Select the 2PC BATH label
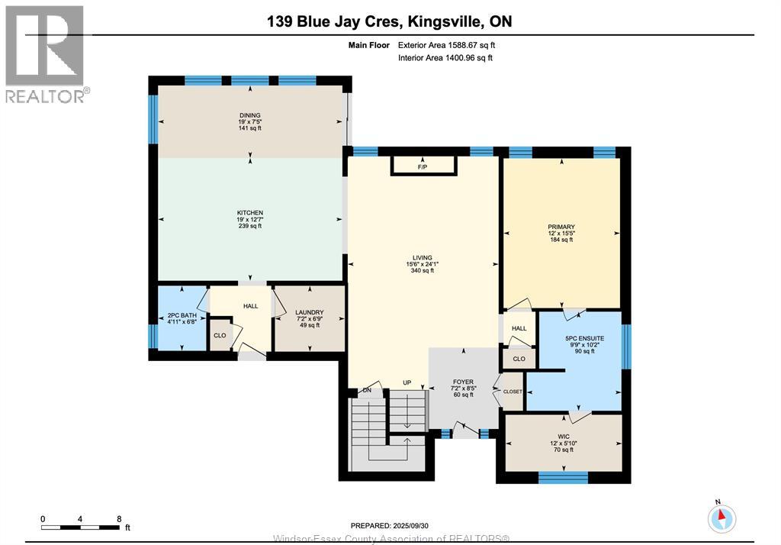click(x=182, y=316)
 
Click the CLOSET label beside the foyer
click(x=513, y=392)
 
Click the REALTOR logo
click(x=46, y=54)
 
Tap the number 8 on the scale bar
click(x=119, y=518)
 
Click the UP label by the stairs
click(x=407, y=382)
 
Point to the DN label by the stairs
click(x=367, y=390)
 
